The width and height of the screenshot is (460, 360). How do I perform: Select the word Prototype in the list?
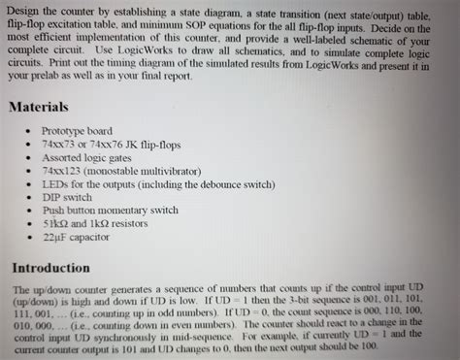click(x=64, y=130)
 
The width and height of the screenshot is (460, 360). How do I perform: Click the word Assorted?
click(x=62, y=156)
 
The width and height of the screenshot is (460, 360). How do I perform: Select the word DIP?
click(x=51, y=196)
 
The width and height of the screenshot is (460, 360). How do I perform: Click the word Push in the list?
click(x=53, y=209)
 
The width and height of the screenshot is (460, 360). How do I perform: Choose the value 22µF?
click(x=54, y=236)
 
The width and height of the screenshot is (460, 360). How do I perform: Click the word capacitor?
click(x=88, y=236)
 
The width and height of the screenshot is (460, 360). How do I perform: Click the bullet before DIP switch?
click(x=32, y=196)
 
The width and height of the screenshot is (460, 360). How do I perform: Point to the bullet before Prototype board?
click(x=32, y=130)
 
